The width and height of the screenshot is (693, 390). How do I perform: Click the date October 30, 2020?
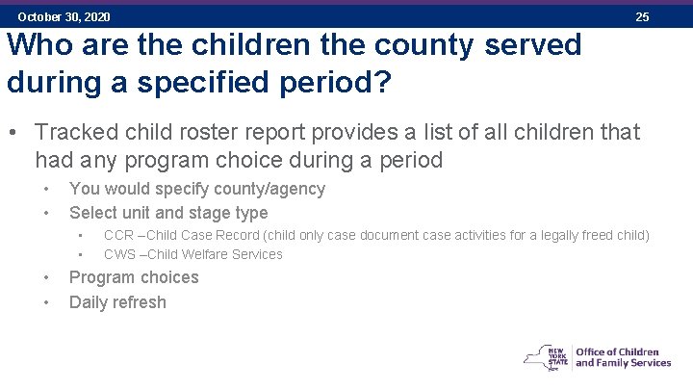[x=64, y=17]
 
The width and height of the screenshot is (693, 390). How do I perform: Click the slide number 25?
[x=642, y=17]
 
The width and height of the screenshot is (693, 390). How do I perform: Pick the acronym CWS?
[x=119, y=254]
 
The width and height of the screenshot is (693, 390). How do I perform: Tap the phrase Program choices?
[x=134, y=277]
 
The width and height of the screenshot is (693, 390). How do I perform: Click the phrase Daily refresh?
[x=117, y=302]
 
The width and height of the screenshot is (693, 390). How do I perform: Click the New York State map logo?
[x=546, y=356]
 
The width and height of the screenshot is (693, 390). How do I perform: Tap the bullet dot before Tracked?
[x=14, y=131]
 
